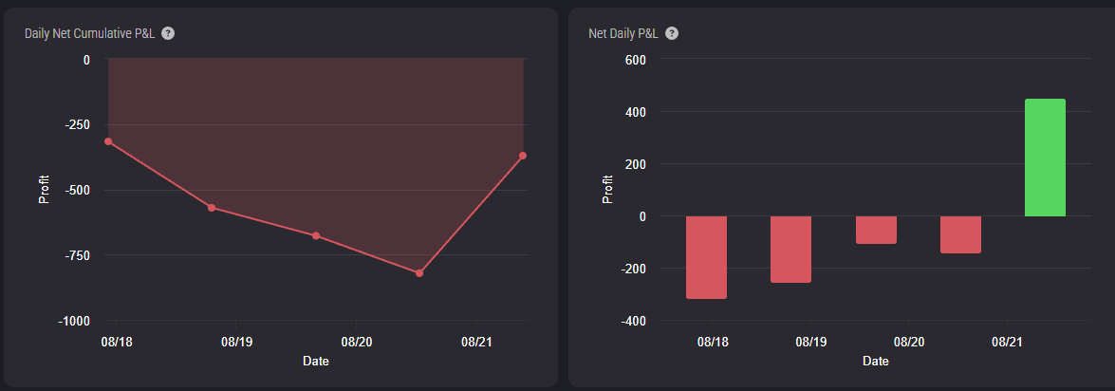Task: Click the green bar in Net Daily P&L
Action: tap(1045, 158)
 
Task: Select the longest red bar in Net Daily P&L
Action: tap(706, 257)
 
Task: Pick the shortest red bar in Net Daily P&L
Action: tap(876, 230)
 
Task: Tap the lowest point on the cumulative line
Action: tap(418, 273)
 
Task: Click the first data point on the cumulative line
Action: tap(108, 141)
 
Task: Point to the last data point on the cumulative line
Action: tap(523, 156)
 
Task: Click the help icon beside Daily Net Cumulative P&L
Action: tap(168, 33)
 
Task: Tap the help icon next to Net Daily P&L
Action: tap(672, 33)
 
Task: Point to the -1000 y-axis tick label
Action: tap(74, 322)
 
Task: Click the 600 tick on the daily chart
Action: tap(635, 60)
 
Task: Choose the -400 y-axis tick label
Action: tap(632, 322)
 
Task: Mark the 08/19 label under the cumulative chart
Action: tap(237, 342)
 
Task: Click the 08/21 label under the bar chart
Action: tap(1007, 342)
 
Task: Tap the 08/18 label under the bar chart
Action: tap(713, 342)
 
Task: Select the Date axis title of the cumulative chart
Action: tap(316, 362)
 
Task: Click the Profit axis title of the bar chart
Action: tap(607, 190)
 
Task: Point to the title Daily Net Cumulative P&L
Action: tap(89, 33)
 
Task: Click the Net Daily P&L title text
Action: tap(623, 33)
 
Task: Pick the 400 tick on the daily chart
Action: tap(635, 112)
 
